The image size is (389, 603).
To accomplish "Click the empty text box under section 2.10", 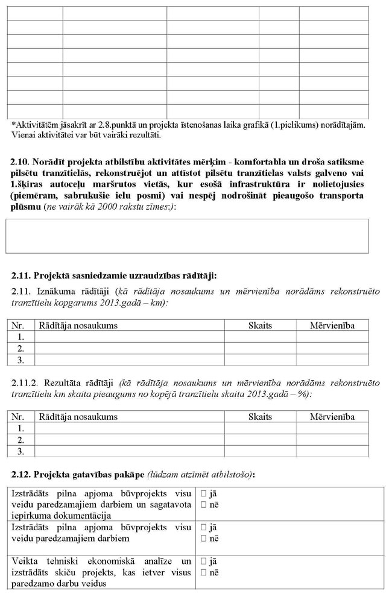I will point(187,236).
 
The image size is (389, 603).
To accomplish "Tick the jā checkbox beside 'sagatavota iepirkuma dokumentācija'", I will point(203,493).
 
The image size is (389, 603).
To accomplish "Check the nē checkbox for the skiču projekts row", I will point(203,572).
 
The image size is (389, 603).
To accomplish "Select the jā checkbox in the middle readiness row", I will point(203,528).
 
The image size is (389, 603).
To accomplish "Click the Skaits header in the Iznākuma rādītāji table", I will point(260,326).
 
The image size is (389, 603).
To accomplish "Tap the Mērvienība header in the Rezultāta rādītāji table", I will point(332,417).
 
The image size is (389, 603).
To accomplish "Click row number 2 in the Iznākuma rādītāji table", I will point(21,349).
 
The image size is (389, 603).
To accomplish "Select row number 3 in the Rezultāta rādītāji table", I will point(21,451).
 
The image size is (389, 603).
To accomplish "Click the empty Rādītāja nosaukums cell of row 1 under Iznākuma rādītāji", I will point(130,337).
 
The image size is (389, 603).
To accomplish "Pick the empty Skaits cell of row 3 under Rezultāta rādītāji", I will point(260,451).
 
